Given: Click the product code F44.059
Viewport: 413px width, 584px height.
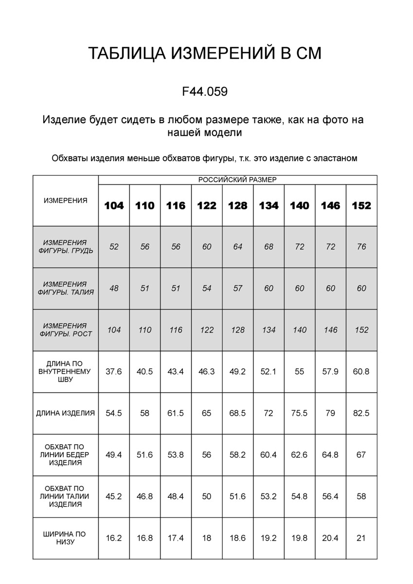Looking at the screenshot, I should pos(205,91).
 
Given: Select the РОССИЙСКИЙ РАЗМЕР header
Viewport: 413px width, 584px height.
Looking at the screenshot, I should pos(237,180).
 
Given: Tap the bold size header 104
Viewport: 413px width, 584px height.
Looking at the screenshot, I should pos(114,205).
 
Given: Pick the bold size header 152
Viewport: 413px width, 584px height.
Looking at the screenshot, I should pos(361,205).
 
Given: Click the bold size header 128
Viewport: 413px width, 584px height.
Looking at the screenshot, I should pos(237,205).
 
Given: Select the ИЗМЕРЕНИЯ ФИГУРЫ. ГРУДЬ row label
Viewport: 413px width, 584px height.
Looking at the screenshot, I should pos(65,247).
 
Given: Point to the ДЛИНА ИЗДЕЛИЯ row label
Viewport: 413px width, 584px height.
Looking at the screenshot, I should pos(65,413).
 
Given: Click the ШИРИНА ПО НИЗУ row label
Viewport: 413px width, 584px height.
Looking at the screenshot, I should pos(65,538).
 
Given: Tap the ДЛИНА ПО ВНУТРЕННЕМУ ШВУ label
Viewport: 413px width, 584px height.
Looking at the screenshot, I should pos(65,371).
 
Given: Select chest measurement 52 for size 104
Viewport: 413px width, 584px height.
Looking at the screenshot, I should pos(114,247).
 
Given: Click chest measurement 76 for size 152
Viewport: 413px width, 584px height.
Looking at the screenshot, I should pos(361,247).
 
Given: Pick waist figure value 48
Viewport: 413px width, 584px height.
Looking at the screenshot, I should pos(114,288).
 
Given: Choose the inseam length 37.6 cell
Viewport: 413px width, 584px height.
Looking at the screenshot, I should pos(114,371).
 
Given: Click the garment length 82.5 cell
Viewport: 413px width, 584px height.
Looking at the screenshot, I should pos(361,413).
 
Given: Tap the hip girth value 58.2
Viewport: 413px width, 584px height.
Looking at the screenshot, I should pos(237,455).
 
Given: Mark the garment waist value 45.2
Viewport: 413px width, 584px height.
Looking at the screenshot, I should pos(114,496).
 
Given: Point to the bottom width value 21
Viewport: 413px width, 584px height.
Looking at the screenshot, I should pos(361,538).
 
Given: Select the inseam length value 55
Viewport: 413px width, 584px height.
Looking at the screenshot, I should pos(299,371).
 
